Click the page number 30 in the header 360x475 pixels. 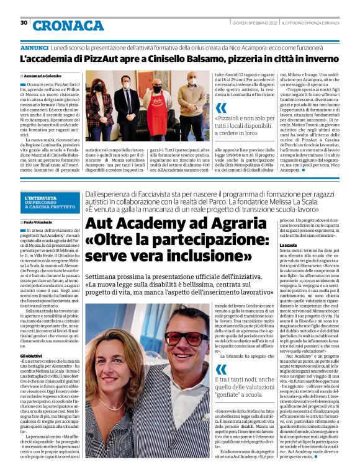(24, 23)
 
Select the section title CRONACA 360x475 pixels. (68, 25)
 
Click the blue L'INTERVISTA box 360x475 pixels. (50, 203)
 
